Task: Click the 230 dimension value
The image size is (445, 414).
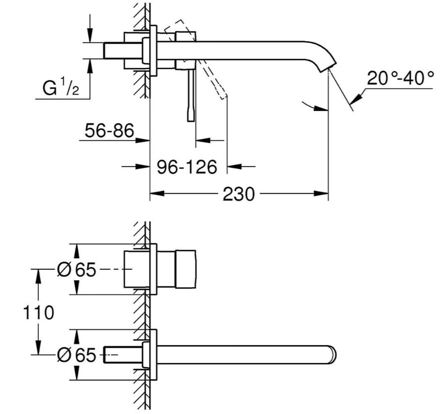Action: coord(238,193)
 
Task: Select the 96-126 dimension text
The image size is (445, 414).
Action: coord(187,167)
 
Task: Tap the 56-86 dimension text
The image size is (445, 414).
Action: coord(109,131)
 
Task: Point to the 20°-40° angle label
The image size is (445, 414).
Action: coord(400,78)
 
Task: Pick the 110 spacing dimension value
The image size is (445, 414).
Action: coord(37,313)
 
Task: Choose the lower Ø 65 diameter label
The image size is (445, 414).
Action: coord(76,355)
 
